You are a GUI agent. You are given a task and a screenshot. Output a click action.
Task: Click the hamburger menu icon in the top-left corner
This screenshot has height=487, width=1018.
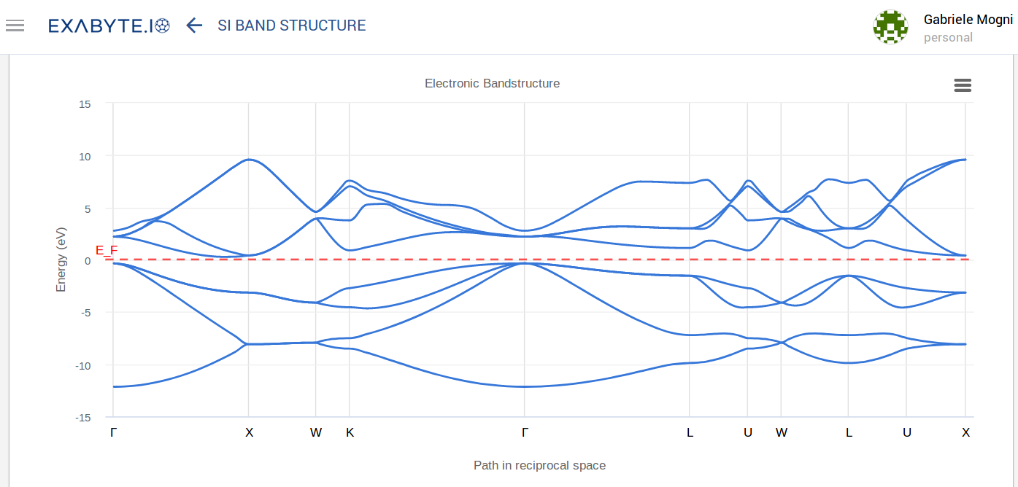click(x=15, y=26)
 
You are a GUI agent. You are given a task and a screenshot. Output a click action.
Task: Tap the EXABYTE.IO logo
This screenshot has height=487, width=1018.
click(x=109, y=26)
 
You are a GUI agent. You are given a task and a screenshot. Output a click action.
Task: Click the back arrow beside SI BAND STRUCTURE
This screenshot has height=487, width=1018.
click(x=193, y=26)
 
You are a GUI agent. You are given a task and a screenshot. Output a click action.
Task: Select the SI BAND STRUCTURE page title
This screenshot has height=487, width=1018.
click(x=291, y=26)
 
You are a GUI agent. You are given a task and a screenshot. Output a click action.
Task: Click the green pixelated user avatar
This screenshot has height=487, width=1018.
click(x=890, y=27)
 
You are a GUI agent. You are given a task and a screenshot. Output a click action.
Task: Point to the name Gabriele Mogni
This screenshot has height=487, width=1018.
click(x=968, y=20)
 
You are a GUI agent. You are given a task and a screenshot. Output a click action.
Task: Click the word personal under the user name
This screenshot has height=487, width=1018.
click(x=948, y=37)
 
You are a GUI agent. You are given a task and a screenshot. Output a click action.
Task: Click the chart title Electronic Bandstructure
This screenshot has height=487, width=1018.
click(x=492, y=83)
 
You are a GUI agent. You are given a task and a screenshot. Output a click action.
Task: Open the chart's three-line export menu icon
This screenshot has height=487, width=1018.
click(x=963, y=85)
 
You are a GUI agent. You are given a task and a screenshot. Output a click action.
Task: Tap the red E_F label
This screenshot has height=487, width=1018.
click(x=107, y=250)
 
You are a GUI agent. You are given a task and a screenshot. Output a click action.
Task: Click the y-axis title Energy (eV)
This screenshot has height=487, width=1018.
click(x=61, y=260)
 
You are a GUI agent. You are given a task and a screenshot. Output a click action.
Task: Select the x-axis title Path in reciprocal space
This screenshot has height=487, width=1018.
click(x=539, y=465)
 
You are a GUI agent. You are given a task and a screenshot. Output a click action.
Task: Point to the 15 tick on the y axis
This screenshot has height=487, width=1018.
click(x=85, y=104)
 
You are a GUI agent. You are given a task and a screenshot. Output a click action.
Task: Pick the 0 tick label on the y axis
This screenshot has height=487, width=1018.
click(x=87, y=260)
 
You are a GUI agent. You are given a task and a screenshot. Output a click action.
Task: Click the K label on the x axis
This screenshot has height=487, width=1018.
click(x=350, y=432)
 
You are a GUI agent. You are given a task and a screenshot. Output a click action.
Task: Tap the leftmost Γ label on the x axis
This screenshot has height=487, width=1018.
click(x=113, y=432)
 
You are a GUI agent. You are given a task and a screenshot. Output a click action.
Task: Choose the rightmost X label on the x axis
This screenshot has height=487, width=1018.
click(x=965, y=432)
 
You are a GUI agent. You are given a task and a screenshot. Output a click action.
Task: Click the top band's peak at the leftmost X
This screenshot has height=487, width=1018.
click(x=249, y=159)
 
